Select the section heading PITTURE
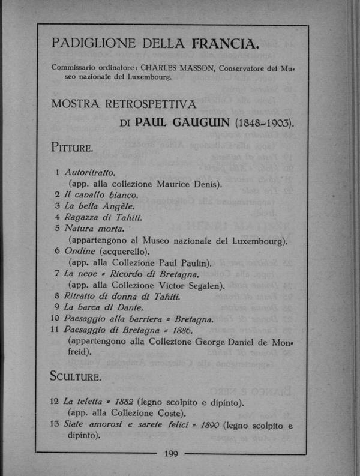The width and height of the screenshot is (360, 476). pos(71,146)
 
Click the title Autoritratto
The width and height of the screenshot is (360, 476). pos(89,172)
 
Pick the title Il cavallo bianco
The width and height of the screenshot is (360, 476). pos(100,195)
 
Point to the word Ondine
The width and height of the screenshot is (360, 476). pos(79,252)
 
